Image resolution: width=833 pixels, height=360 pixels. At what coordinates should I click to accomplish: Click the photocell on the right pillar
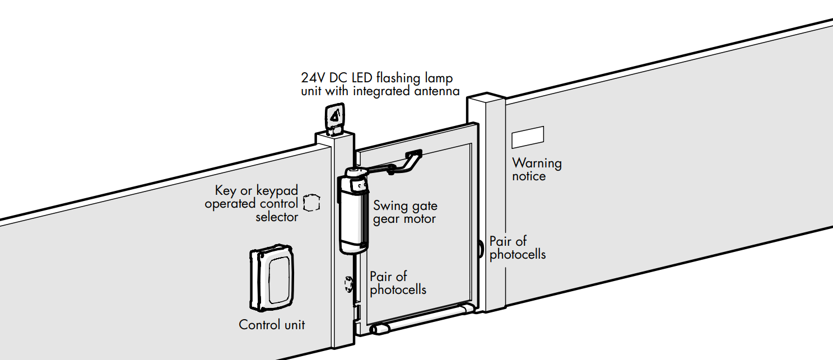coord(481,247)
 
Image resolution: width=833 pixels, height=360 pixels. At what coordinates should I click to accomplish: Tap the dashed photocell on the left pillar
coord(348,285)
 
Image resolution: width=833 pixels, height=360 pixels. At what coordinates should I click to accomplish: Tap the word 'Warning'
coord(537,163)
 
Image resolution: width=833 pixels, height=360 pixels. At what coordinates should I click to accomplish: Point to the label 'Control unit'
coord(272,325)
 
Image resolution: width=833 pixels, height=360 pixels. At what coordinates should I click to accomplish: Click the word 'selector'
coord(277,217)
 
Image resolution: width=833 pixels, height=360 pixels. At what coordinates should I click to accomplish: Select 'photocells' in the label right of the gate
coord(518,254)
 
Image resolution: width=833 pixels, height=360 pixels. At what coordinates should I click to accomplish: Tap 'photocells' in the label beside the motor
coord(398,289)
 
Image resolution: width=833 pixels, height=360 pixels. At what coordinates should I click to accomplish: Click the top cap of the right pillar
coord(486,99)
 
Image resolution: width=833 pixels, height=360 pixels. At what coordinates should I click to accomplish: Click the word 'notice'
coord(528,176)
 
